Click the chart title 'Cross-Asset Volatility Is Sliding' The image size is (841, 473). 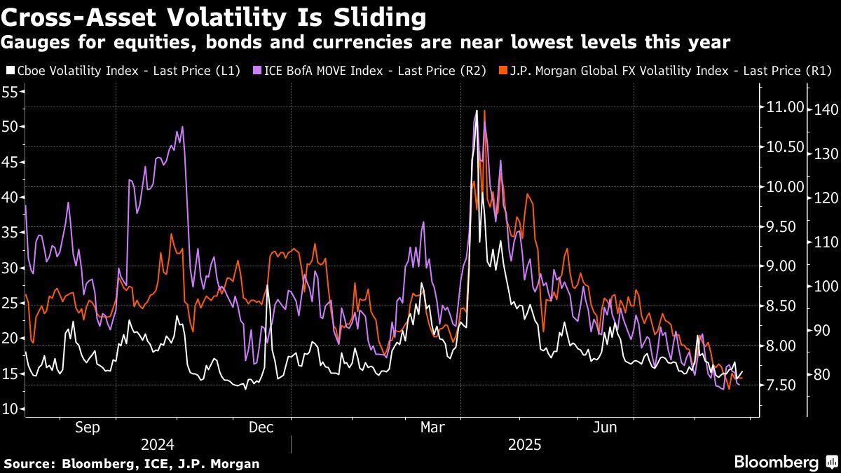pyautogui.click(x=214, y=16)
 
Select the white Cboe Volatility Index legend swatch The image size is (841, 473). pyautogui.click(x=9, y=71)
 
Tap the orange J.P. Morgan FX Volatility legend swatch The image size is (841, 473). pyautogui.click(x=502, y=71)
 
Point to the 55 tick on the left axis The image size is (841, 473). pyautogui.click(x=11, y=91)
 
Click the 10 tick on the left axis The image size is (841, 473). pyautogui.click(x=11, y=409)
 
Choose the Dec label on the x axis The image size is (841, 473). pyautogui.click(x=260, y=427)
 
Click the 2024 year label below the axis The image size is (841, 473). pyautogui.click(x=158, y=444)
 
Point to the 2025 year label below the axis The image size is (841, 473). pyautogui.click(x=525, y=444)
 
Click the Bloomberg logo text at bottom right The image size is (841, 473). pyautogui.click(x=776, y=462)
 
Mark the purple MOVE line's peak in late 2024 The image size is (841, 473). pyautogui.click(x=182, y=128)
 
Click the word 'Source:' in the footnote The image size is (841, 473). pyautogui.click(x=29, y=464)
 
